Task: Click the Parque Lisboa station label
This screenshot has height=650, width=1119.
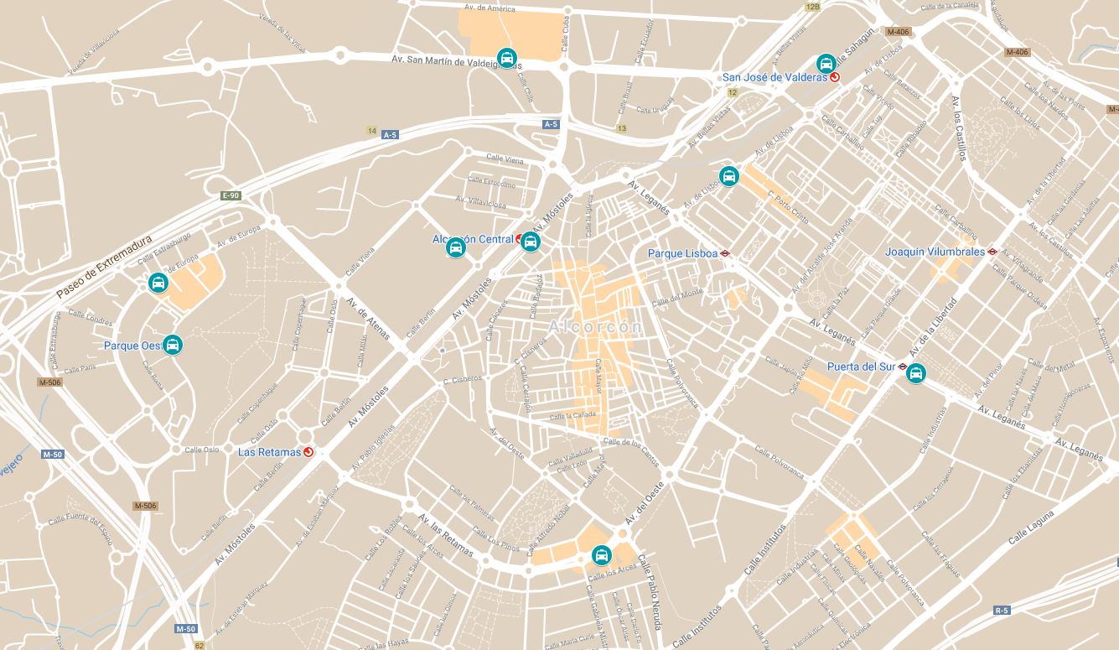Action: tap(682, 253)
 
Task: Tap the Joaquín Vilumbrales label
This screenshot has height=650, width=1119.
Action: tap(935, 252)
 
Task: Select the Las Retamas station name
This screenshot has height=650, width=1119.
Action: tap(269, 452)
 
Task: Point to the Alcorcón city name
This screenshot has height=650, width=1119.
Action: tap(596, 326)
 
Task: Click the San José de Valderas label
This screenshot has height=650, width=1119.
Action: tap(774, 77)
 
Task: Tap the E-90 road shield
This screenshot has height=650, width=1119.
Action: tap(231, 195)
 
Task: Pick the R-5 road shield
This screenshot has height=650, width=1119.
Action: tap(1002, 610)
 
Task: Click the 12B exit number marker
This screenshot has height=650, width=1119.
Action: tap(812, 7)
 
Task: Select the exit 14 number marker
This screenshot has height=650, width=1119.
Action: tap(371, 131)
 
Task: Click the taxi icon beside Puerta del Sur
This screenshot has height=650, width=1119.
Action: tap(916, 373)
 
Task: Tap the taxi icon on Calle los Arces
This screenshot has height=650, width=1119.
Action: tap(601, 555)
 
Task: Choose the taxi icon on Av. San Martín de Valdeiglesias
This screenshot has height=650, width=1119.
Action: tap(506, 57)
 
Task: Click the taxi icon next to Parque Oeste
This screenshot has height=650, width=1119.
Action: tap(173, 345)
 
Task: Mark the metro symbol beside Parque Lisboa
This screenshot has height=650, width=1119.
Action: tap(726, 253)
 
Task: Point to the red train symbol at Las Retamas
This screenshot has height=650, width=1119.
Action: tap(308, 452)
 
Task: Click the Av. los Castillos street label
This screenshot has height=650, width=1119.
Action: tap(960, 127)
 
